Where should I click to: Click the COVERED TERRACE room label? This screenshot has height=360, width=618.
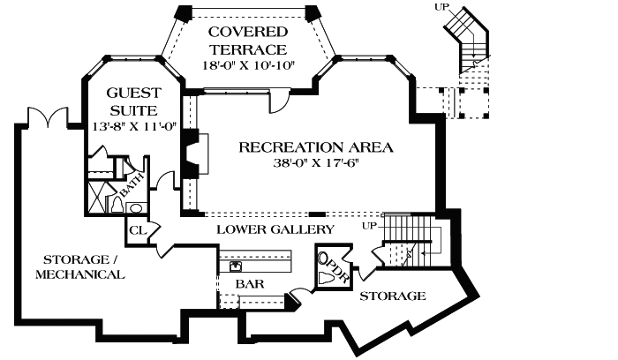click(x=247, y=41)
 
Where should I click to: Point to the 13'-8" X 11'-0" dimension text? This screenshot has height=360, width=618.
click(x=134, y=127)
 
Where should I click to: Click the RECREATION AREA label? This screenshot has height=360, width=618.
click(x=316, y=146)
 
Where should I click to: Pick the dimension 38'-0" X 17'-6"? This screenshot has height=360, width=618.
click(x=316, y=163)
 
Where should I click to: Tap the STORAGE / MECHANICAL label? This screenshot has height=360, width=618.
click(x=79, y=266)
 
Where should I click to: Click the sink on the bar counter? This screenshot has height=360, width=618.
click(x=237, y=264)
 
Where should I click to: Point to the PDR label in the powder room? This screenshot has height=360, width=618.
click(x=336, y=270)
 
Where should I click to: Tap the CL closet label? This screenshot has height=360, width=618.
click(x=137, y=229)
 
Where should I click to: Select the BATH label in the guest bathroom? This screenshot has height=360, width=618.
click(x=133, y=187)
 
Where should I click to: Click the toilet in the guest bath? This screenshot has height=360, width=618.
click(x=116, y=204)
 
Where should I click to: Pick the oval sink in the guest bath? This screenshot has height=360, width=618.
click(x=135, y=208)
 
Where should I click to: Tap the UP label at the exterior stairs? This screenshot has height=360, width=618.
click(x=442, y=7)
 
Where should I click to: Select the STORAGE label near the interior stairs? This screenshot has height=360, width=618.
click(x=392, y=296)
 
